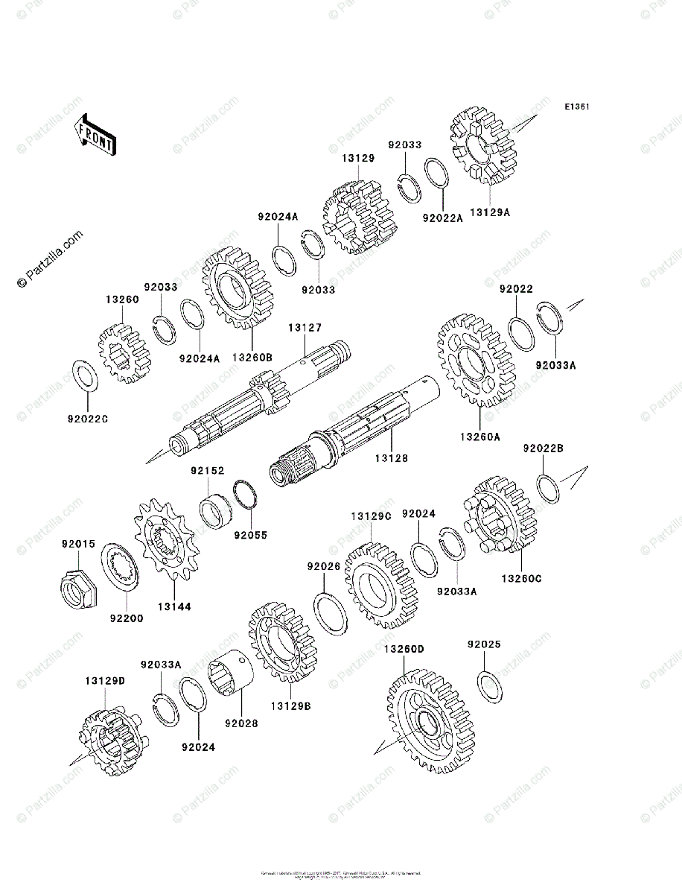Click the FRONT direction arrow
[x=95, y=133]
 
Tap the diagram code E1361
[x=576, y=107]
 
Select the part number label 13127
[x=305, y=326]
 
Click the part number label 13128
[x=392, y=457]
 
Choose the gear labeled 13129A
[x=484, y=145]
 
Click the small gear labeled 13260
[x=121, y=352]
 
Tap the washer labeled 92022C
[x=84, y=375]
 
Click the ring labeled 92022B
[x=548, y=489]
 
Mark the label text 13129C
[x=372, y=516]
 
